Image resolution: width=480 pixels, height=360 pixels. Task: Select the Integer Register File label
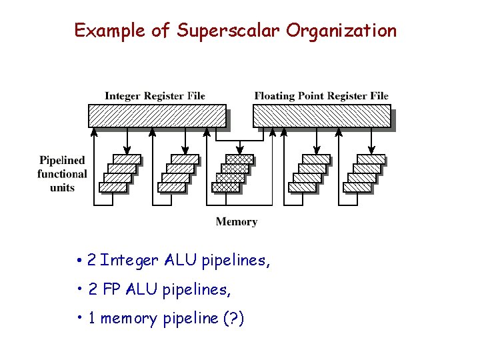coord(155,96)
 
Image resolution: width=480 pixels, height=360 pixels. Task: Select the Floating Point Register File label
coord(321,96)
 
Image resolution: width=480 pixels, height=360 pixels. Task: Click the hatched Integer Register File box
coord(157,116)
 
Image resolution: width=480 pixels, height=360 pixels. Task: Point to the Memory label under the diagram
coord(236,222)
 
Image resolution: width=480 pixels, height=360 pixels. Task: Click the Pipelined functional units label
coord(62,174)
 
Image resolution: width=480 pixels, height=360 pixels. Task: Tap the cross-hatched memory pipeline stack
coord(232,173)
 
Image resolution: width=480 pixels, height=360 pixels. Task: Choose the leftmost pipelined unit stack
coord(120,173)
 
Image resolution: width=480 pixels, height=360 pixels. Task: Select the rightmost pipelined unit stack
coord(365,173)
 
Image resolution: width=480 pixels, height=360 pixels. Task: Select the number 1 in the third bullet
coord(91,319)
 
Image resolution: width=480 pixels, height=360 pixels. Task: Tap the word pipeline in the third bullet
coord(190,319)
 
